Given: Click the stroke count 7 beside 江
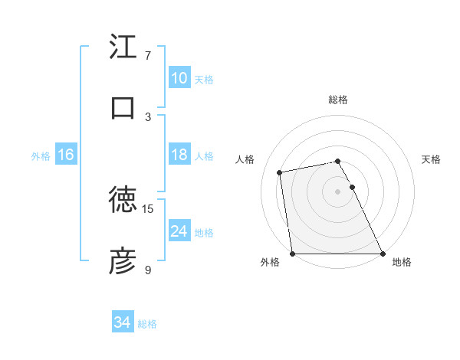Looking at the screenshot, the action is coord(148,56).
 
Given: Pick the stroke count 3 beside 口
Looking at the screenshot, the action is coord(148,116).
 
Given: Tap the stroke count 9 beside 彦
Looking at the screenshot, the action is coord(148,270).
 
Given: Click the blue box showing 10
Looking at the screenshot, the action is coord(179,78).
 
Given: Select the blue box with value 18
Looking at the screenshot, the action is coord(179,155).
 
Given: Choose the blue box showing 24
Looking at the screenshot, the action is coord(179,231).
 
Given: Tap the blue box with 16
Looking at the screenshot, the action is coord(66,155).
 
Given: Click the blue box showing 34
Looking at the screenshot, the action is coord(123,323).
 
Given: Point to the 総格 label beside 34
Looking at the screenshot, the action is coord(148,324).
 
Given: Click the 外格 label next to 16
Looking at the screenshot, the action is coord(41,155).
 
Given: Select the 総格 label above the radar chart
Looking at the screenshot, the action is coord(338,100).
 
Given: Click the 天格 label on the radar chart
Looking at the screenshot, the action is coord(431,159).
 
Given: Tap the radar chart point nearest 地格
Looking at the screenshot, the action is coord(383,254).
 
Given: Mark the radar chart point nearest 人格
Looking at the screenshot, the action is coord(281,172).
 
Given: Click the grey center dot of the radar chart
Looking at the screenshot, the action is coord(338,191).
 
